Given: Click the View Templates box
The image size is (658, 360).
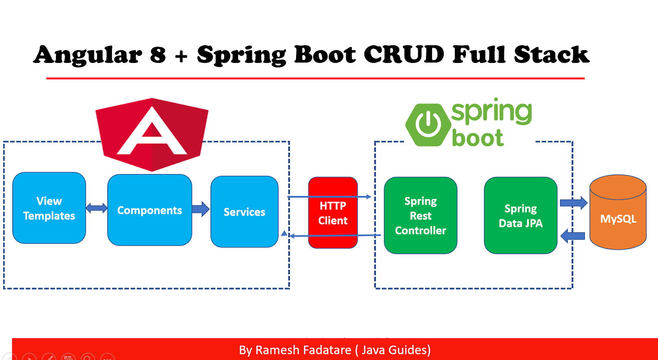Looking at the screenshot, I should [49, 208].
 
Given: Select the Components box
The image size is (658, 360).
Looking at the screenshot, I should [149, 210].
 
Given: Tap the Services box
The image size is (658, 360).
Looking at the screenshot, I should [244, 212].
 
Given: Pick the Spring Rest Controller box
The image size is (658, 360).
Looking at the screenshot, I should [420, 215].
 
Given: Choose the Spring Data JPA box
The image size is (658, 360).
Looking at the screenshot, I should [520, 215].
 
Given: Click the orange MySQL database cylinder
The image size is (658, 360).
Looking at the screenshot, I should [618, 218].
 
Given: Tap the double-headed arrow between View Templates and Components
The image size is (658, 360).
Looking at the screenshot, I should [97, 208].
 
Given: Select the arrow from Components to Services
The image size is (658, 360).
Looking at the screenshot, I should [200, 209].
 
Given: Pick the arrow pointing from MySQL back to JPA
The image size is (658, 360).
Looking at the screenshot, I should [573, 236].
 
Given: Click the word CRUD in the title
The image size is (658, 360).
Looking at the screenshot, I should [404, 55].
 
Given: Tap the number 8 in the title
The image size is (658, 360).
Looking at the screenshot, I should [158, 55].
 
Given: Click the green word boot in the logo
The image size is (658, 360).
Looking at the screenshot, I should [477, 138].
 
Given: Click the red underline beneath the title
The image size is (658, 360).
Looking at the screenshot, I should [315, 78].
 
